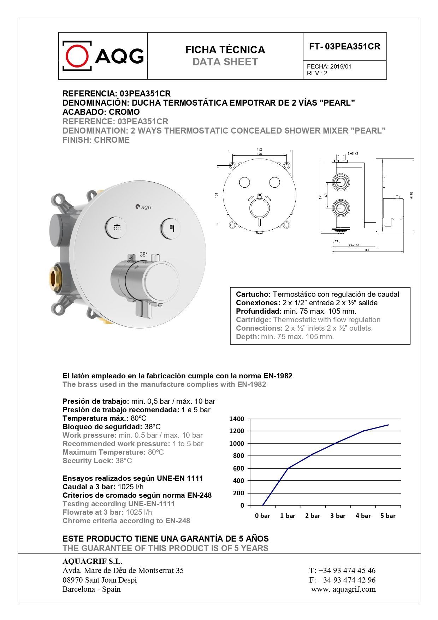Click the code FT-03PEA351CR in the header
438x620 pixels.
click(x=344, y=46)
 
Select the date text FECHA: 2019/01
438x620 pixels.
click(x=329, y=66)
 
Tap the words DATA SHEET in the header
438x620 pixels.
click(x=225, y=62)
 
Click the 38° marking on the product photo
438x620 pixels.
click(x=143, y=254)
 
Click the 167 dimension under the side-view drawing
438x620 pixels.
click(x=366, y=250)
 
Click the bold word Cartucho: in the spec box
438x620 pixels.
click(x=253, y=294)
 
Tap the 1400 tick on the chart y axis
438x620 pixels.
click(x=237, y=419)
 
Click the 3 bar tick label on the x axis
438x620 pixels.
click(x=338, y=516)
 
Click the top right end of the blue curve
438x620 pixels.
click(x=388, y=425)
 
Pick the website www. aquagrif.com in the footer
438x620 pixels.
click(x=343, y=589)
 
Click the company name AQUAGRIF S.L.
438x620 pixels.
click(x=92, y=561)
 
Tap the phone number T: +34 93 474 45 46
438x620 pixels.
click(x=342, y=570)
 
